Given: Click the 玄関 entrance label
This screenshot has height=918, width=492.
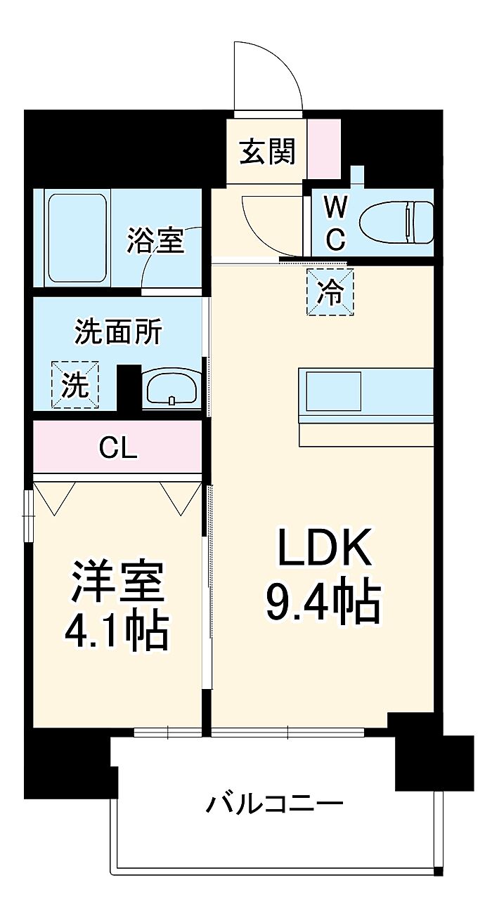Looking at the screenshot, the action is pos(267,151).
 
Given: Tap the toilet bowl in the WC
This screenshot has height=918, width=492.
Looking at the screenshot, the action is pos(396,223).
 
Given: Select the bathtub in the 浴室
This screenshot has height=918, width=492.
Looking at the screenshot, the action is pos(77,238).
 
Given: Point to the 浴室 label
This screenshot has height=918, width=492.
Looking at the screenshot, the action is pos(155,240).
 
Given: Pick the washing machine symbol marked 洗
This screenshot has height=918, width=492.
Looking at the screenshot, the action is pos(75,384).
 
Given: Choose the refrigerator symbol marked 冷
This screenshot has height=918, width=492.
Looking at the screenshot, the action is pos(330,291).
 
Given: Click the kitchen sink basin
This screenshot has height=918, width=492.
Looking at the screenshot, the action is pos(333,391).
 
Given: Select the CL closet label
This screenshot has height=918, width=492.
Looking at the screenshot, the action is pos(117,449).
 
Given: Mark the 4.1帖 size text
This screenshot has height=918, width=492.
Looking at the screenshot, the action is pos(117,633).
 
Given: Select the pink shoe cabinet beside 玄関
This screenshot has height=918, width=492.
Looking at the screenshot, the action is pos(324,149).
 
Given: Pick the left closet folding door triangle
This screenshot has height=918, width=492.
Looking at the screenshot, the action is pos(54,498).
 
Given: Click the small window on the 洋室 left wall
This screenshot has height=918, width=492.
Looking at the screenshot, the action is pos(28,517).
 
